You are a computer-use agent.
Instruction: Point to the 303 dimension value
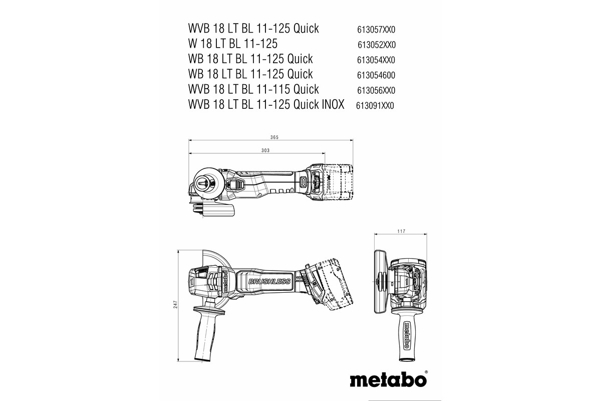coord(265,150)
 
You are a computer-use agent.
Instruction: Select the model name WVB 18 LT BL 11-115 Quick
coord(253,90)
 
